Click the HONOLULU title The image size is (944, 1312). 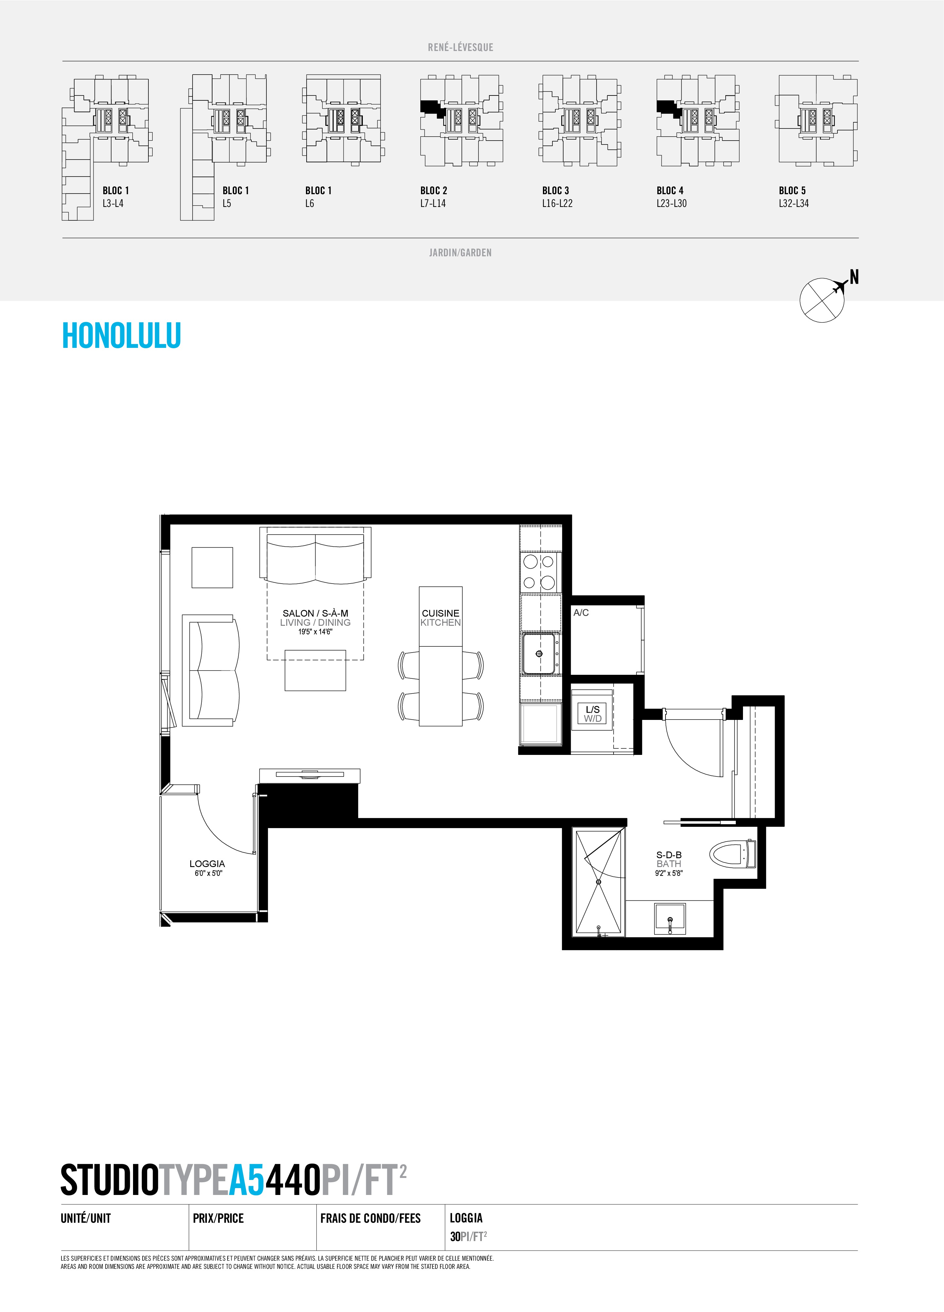click(x=122, y=335)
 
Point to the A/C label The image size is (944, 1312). click(x=581, y=613)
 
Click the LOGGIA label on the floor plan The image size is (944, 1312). click(x=207, y=864)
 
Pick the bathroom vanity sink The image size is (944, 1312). click(x=670, y=919)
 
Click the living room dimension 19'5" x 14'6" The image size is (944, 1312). click(x=315, y=632)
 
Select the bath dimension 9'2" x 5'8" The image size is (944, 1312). click(x=669, y=874)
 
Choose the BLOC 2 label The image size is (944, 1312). click(x=434, y=190)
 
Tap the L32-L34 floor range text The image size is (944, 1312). click(x=794, y=204)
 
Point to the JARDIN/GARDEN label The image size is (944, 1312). click(x=461, y=253)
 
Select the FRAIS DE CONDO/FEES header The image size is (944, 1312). click(x=370, y=1218)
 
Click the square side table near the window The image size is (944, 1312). click(x=212, y=568)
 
